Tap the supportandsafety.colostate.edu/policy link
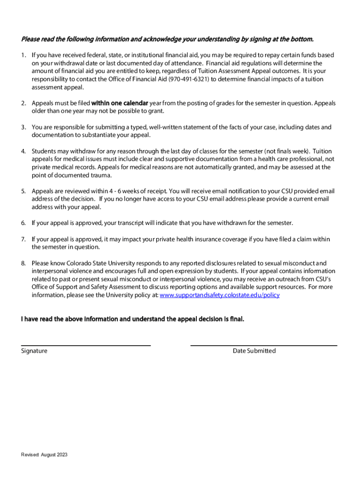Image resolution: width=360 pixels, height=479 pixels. point(220,295)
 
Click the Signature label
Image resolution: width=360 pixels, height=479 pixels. point(34,351)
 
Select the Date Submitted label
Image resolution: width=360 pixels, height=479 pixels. point(254,351)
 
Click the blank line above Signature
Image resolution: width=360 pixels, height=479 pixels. point(86,345)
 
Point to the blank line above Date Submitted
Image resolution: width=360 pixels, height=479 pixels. point(264,345)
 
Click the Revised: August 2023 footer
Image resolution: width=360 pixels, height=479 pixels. point(44,455)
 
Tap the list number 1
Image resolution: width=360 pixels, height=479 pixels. point(23,55)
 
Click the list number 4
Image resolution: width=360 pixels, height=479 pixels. point(23,151)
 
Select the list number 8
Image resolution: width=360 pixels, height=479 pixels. point(23,263)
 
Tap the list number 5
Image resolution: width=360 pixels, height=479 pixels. point(23,191)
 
